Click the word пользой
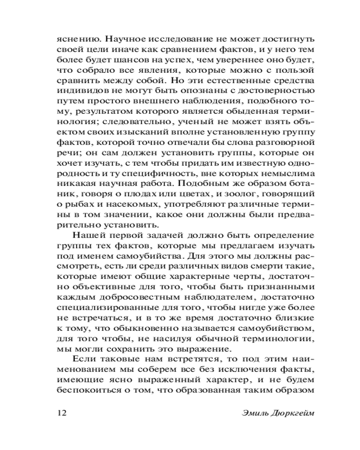tap(290, 71)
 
